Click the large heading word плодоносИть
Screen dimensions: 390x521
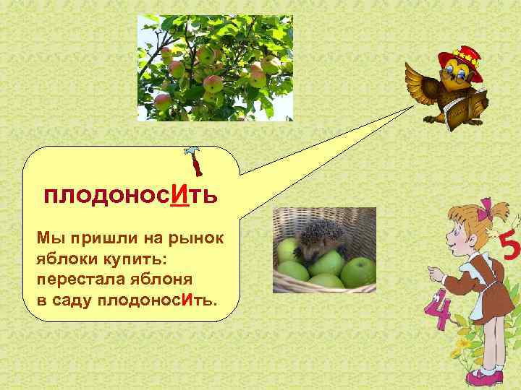coord(130,196)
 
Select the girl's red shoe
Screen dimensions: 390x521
coord(483,377)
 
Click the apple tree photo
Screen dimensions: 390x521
coord(216,68)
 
